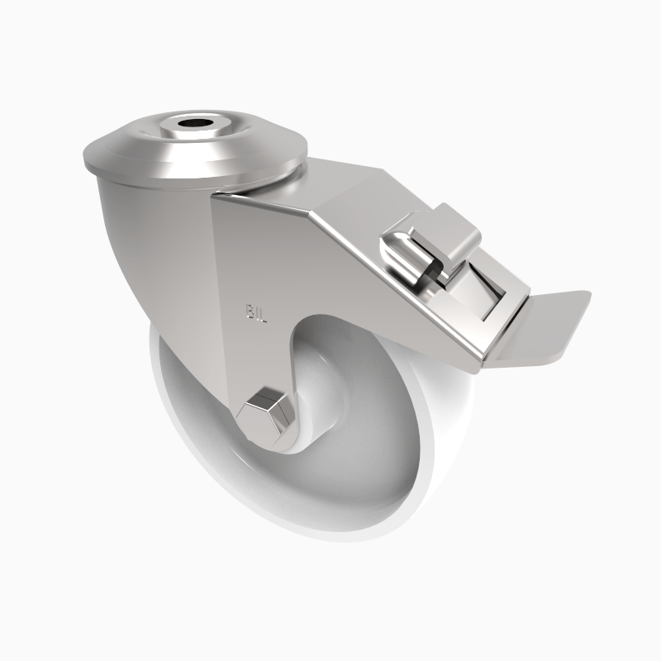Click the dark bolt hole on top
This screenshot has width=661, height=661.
[x=196, y=126]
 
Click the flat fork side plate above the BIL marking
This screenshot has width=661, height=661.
[x=248, y=248]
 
